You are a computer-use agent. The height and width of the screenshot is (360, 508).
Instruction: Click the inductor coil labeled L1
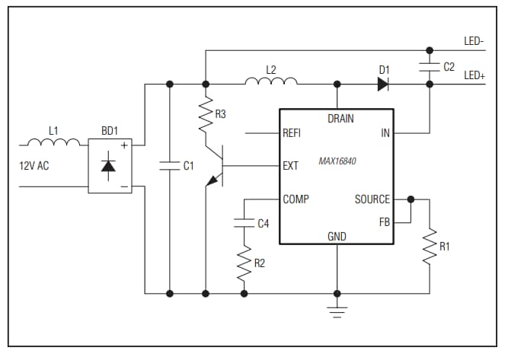coord(53,142)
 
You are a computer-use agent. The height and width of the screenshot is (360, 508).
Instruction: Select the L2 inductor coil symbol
coord(271,81)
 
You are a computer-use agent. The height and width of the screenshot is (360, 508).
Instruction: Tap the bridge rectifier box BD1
coord(110,165)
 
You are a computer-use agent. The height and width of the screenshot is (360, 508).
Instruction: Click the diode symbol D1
coord(384,84)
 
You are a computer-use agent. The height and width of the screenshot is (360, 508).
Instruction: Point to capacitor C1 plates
coord(169,165)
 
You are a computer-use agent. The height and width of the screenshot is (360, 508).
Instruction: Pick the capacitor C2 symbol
coord(429,67)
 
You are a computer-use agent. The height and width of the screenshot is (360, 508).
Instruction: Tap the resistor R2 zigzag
coord(244,264)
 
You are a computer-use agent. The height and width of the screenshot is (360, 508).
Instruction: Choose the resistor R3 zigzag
coord(205,116)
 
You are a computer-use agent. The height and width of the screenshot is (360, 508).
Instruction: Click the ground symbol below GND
coord(337,308)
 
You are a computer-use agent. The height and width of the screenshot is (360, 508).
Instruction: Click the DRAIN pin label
coord(340,119)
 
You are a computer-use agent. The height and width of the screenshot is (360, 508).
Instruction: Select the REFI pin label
coord(292,132)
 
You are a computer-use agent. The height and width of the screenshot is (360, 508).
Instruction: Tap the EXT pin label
coord(290,165)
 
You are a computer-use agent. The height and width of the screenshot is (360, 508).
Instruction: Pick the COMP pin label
coord(296,199)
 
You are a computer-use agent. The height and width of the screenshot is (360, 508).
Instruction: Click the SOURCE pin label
coord(372,199)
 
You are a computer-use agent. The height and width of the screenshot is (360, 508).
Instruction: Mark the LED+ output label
coord(475,75)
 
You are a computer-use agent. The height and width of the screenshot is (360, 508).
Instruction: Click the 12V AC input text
coord(34,165)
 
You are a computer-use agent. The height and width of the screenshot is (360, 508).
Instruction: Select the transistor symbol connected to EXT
coord(219,166)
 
